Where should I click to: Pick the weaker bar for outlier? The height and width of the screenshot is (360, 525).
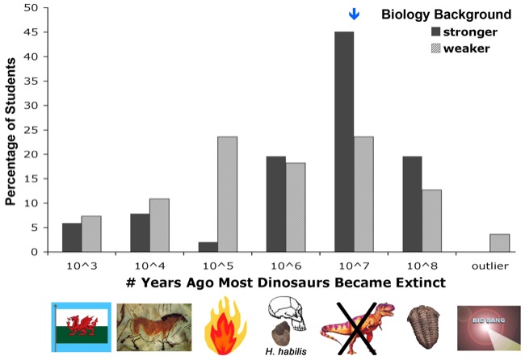point(478,243)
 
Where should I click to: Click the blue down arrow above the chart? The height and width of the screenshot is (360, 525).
point(353,15)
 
